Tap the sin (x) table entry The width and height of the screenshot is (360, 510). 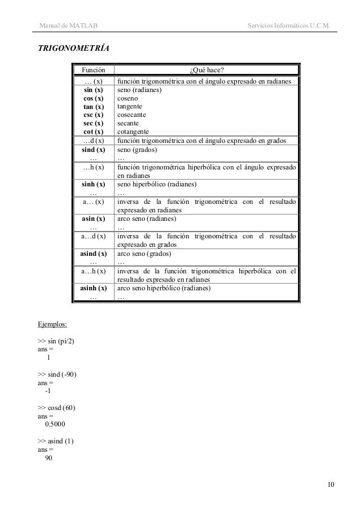pyautogui.click(x=93, y=90)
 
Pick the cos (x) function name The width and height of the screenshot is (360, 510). pyautogui.click(x=93, y=98)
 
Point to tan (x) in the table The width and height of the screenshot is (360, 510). pyautogui.click(x=93, y=106)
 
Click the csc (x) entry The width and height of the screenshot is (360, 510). pyautogui.click(x=93, y=115)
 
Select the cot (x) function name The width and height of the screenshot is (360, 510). pyautogui.click(x=93, y=131)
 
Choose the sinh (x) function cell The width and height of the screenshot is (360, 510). pyautogui.click(x=93, y=184)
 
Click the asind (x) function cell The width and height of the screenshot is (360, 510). pyautogui.click(x=93, y=254)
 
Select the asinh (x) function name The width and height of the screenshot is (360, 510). pyautogui.click(x=93, y=288)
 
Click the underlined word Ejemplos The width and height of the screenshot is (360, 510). pyautogui.click(x=52, y=325)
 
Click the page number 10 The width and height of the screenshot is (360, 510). pyautogui.click(x=331, y=484)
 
